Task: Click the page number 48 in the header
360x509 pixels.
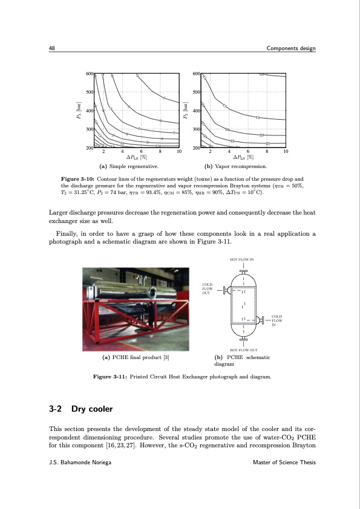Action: (52, 48)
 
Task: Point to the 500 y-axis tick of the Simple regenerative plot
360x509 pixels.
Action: (90, 92)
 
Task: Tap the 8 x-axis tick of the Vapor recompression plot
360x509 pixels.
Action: (267, 152)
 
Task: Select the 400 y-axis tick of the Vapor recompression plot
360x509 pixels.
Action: (195, 111)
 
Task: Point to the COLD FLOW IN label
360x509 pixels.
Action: (278, 320)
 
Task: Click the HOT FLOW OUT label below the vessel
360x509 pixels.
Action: (243, 350)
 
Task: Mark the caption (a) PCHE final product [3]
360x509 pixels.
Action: (137, 357)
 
